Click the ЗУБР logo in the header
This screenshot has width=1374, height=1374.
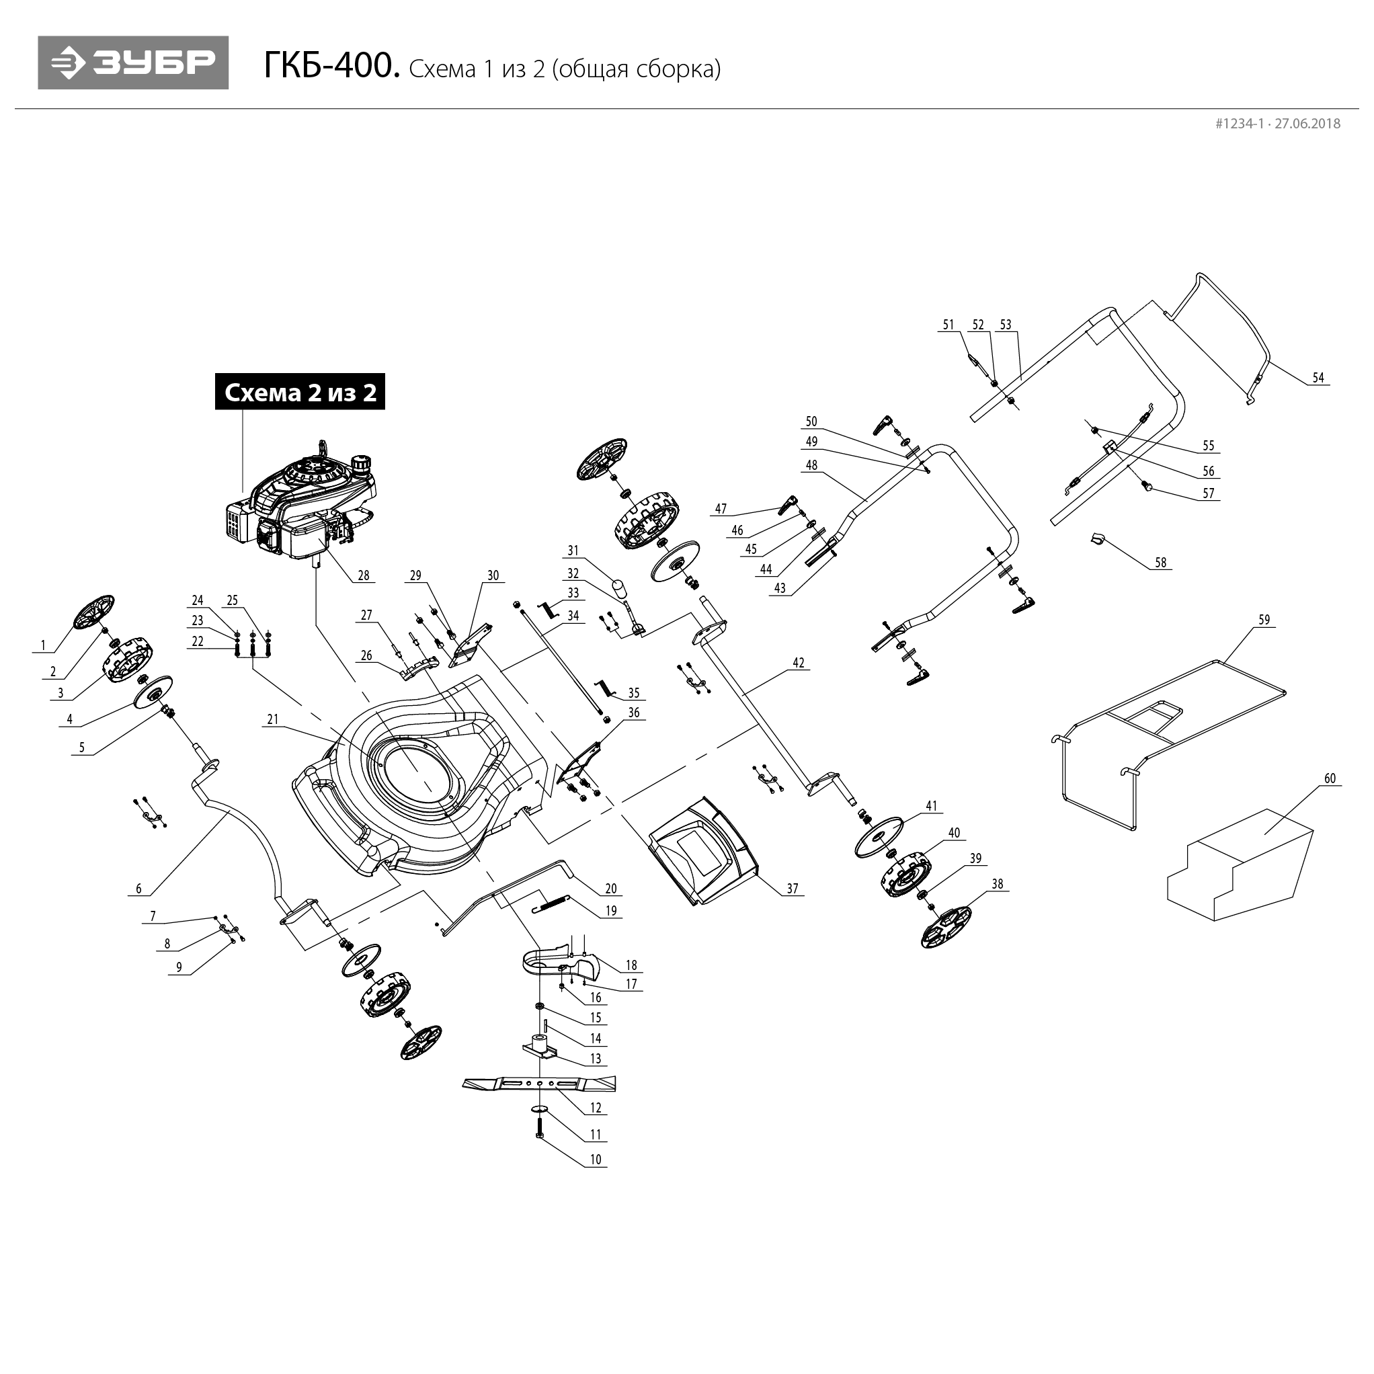(x=133, y=63)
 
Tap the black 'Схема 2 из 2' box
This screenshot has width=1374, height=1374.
(x=299, y=392)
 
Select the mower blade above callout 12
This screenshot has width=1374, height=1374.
(x=539, y=1083)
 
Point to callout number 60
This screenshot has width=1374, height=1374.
(x=1329, y=778)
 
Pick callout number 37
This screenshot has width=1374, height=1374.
(x=793, y=888)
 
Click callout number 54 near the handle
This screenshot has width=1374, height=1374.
(x=1318, y=378)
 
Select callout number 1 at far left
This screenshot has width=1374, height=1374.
(x=42, y=645)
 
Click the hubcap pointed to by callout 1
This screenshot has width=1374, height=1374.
(x=95, y=612)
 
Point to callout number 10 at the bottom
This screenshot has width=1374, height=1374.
(x=596, y=1159)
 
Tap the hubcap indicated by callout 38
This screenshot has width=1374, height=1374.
(x=945, y=927)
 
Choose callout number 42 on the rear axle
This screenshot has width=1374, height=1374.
(x=798, y=662)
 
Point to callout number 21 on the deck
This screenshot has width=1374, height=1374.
(x=272, y=719)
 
